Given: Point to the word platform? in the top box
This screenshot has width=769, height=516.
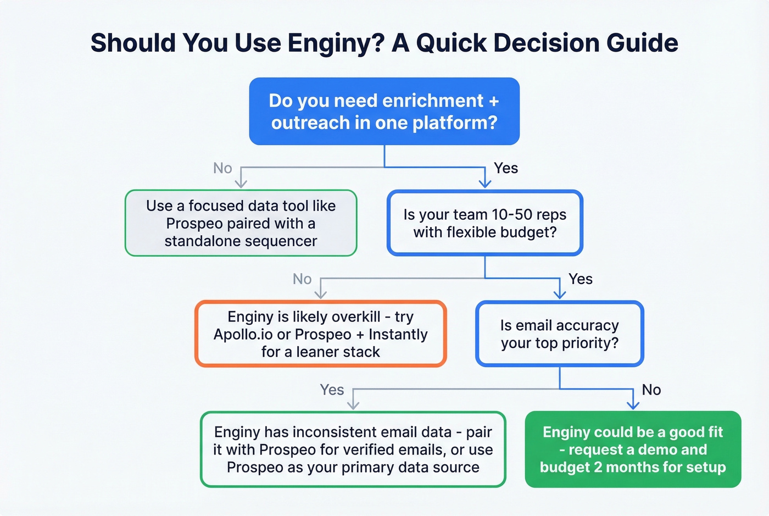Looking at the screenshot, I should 455,123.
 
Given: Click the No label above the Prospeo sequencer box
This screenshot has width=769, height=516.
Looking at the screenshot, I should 222,168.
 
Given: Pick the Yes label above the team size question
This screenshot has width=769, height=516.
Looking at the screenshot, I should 505,168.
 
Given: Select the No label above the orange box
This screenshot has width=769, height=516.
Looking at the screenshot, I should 302,279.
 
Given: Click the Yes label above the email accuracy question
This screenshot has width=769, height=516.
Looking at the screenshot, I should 580,279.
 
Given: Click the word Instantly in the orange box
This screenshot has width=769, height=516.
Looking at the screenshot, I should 398,335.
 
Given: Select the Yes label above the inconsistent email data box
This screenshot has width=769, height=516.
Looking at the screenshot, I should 332,390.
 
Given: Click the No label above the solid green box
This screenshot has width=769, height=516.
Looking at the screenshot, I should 651,390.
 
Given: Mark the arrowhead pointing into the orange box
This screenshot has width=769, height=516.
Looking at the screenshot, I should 320,295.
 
